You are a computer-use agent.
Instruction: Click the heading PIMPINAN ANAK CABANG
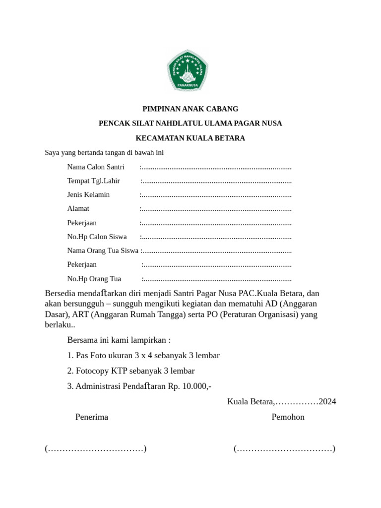point(190,109)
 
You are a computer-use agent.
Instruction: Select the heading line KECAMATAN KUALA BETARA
point(190,138)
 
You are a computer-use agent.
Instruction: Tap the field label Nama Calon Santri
point(96,167)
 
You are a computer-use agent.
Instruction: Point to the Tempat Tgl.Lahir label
point(93,181)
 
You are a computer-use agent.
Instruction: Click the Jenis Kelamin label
point(88,195)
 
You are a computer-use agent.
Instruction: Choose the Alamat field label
point(78,209)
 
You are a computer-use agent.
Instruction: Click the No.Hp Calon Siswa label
point(97,237)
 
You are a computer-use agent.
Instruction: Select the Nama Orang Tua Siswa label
point(103,251)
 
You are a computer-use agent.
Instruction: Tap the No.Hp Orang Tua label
point(94,279)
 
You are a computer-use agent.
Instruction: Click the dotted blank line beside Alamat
point(217,209)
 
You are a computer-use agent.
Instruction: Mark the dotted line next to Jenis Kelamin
point(217,195)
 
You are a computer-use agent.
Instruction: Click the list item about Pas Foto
point(143,356)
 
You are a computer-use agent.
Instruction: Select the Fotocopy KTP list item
point(131,371)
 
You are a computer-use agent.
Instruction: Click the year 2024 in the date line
point(327,401)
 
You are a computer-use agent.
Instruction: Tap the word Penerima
point(92,417)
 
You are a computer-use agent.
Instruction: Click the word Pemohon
point(288,417)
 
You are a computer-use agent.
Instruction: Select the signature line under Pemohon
point(284,449)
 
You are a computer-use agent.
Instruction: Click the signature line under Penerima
point(95,449)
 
